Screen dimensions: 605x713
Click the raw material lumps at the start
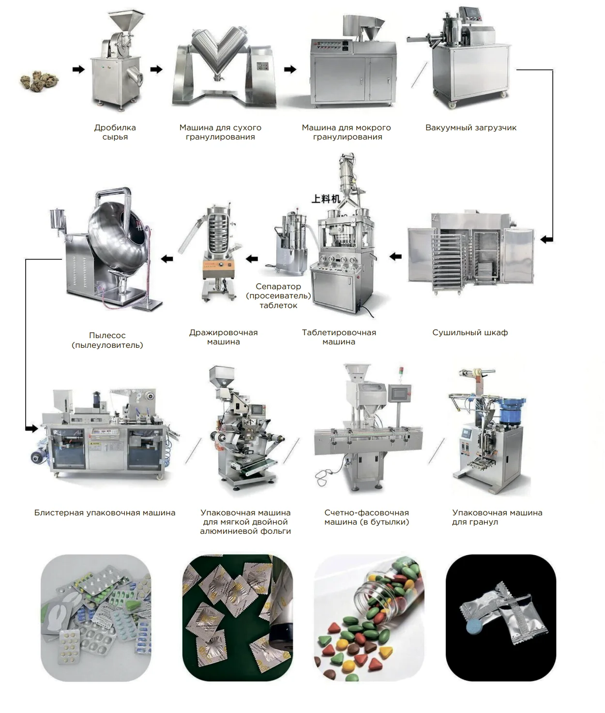pos(39,81)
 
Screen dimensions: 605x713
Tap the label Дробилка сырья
pos(115,132)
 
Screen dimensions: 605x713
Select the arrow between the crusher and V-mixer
pos(156,69)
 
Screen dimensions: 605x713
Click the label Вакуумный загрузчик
pos(470,128)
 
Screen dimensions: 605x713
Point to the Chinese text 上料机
pos(326,199)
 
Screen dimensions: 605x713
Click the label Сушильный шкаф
pos(470,333)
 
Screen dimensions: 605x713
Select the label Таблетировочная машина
pos(339,337)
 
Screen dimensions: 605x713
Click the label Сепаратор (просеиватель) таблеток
pos(278,295)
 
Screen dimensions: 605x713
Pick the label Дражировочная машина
pos(224,337)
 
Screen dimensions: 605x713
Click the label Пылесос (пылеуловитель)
pos(107,340)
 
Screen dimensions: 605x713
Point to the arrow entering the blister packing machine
pos(31,429)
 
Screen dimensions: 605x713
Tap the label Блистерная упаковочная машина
pos(105,513)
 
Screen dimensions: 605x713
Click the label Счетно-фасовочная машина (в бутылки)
pos(366,517)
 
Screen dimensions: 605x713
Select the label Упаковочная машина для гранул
pos(497,517)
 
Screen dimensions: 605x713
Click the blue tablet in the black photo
pos(474,624)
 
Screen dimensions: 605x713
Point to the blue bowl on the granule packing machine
pos(511,409)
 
